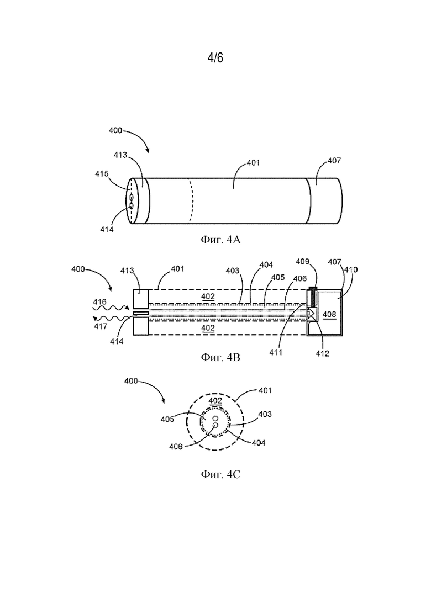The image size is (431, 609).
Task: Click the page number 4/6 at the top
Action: [x=215, y=58]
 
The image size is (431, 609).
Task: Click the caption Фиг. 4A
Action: [x=220, y=240]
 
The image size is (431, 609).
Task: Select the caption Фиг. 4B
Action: [x=220, y=357]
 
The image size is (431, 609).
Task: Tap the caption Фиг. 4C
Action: [x=220, y=474]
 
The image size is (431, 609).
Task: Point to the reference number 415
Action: [x=102, y=173]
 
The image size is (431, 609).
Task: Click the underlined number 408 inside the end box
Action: [x=329, y=314]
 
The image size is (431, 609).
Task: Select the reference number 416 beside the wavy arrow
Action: [x=100, y=302]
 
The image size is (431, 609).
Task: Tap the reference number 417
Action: [x=100, y=326]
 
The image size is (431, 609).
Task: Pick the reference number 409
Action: [x=302, y=261]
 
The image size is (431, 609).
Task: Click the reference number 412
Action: [x=322, y=353]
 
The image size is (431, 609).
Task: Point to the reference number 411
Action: [x=276, y=352]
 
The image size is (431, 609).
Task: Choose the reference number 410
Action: [x=351, y=269]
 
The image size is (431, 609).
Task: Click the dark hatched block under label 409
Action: [x=312, y=289]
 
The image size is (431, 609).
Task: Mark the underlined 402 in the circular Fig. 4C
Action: [x=215, y=401]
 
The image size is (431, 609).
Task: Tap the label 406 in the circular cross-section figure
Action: [x=176, y=447]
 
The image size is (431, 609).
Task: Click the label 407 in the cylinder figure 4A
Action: [x=334, y=161]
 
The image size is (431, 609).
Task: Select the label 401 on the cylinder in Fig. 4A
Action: [x=254, y=163]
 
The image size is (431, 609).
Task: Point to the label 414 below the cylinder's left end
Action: [x=107, y=230]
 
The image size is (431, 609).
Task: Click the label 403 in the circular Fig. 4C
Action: [x=265, y=414]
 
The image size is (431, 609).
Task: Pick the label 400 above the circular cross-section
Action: [x=131, y=381]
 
